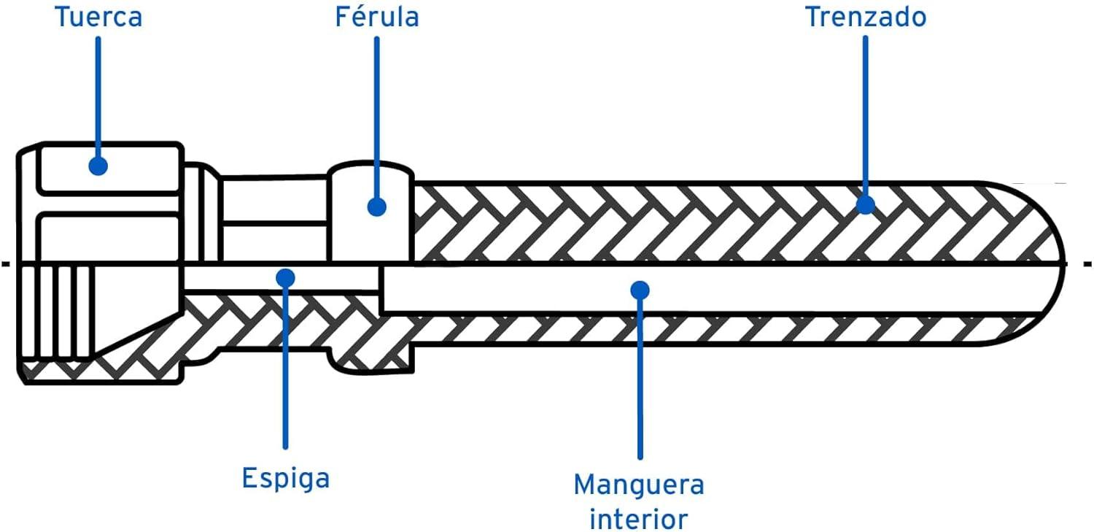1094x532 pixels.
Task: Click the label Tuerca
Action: pyautogui.click(x=98, y=17)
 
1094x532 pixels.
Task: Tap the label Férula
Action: pyautogui.click(x=377, y=16)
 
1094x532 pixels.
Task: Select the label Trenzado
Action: pyautogui.click(x=866, y=17)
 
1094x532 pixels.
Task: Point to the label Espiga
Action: pyautogui.click(x=286, y=478)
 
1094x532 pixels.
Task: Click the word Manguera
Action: pyautogui.click(x=639, y=485)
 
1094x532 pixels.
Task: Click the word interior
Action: pyautogui.click(x=639, y=518)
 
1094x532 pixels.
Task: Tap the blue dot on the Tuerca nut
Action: pyautogui.click(x=98, y=166)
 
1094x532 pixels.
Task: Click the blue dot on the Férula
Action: pyautogui.click(x=376, y=207)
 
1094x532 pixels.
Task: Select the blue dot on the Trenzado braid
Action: pyautogui.click(x=866, y=204)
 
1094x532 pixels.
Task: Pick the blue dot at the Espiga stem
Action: pyautogui.click(x=285, y=278)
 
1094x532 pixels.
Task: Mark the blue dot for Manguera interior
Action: pyautogui.click(x=640, y=290)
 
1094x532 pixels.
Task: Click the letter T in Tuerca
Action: pyautogui.click(x=63, y=17)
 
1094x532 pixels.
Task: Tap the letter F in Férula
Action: pyautogui.click(x=343, y=17)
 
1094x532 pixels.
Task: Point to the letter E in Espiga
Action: pyautogui.click(x=249, y=477)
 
